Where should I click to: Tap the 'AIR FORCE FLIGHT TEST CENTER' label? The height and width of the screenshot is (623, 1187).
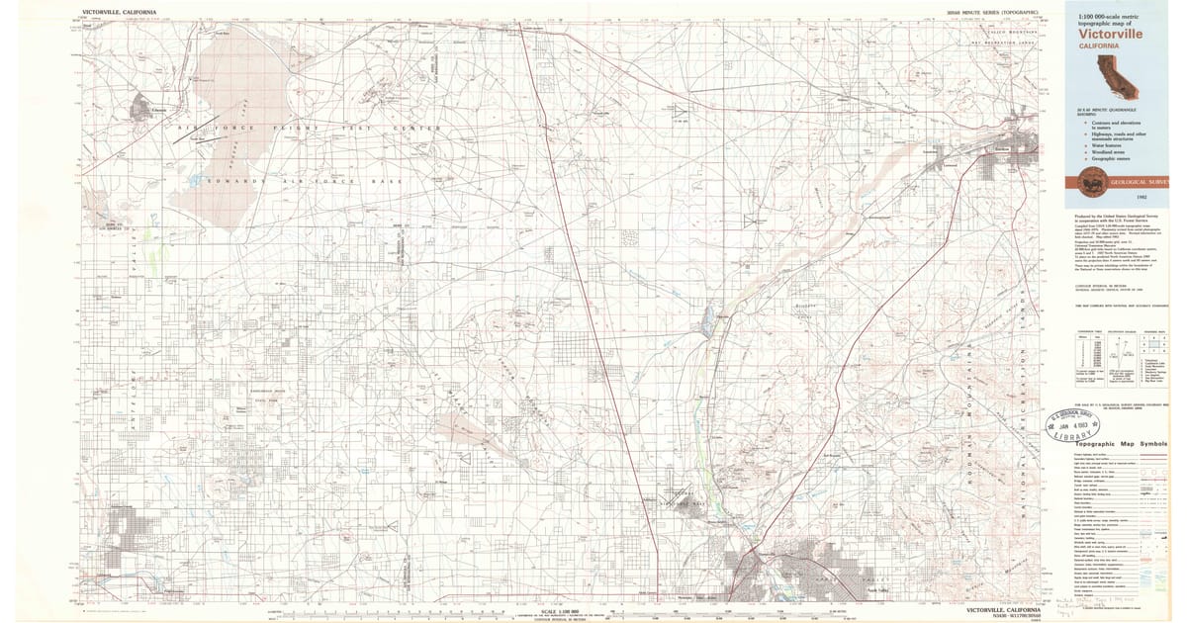pos(307,130)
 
